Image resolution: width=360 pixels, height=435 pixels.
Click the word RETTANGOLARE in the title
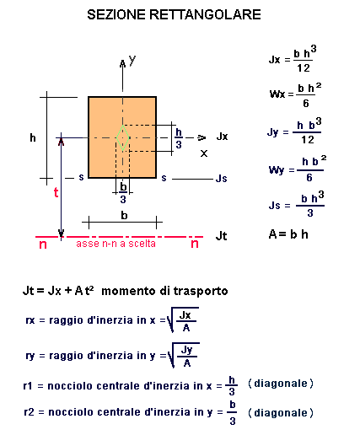click(x=205, y=14)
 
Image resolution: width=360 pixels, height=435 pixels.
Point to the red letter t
click(x=56, y=192)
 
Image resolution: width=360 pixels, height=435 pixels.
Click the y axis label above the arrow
click(x=132, y=60)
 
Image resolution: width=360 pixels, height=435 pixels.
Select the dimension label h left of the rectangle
click(x=33, y=137)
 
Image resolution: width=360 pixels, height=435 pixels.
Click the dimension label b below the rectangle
click(x=124, y=215)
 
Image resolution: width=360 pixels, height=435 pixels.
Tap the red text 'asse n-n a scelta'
click(x=116, y=244)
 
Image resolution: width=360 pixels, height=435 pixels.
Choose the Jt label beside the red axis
click(x=221, y=236)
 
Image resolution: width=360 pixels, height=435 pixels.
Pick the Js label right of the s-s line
click(x=221, y=179)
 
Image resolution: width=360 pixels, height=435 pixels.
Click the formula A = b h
click(x=288, y=234)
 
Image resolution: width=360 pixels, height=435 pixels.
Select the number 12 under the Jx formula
click(x=304, y=68)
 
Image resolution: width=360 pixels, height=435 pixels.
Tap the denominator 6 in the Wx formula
click(x=306, y=104)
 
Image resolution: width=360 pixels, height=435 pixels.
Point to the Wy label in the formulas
click(x=277, y=170)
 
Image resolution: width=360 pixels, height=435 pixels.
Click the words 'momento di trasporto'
click(x=164, y=291)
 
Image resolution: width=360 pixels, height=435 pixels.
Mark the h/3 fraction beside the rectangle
click(x=179, y=138)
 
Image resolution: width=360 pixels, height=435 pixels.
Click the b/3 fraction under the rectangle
click(x=123, y=193)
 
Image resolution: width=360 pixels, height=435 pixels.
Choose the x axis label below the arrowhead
click(x=204, y=153)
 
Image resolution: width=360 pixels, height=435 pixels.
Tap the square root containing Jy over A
click(x=183, y=355)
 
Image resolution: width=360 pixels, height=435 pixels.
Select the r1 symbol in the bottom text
click(x=28, y=386)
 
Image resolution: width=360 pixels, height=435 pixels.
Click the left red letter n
click(x=43, y=244)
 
